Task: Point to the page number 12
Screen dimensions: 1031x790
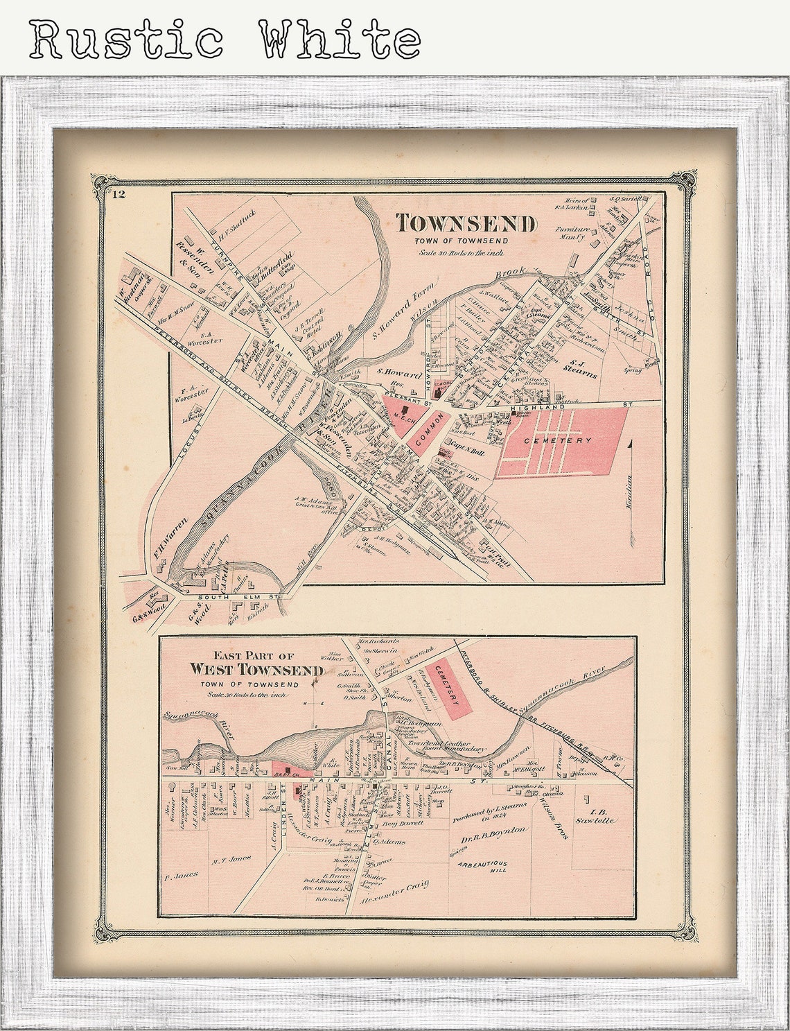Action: (x=119, y=193)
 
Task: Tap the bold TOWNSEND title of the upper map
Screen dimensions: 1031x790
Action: (x=466, y=224)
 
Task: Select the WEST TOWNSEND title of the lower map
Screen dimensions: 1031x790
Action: (x=256, y=670)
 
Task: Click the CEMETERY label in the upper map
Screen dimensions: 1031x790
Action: (x=558, y=440)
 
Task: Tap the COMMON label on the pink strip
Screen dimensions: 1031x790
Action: (x=423, y=435)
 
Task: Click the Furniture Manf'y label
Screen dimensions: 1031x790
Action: (x=570, y=233)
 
